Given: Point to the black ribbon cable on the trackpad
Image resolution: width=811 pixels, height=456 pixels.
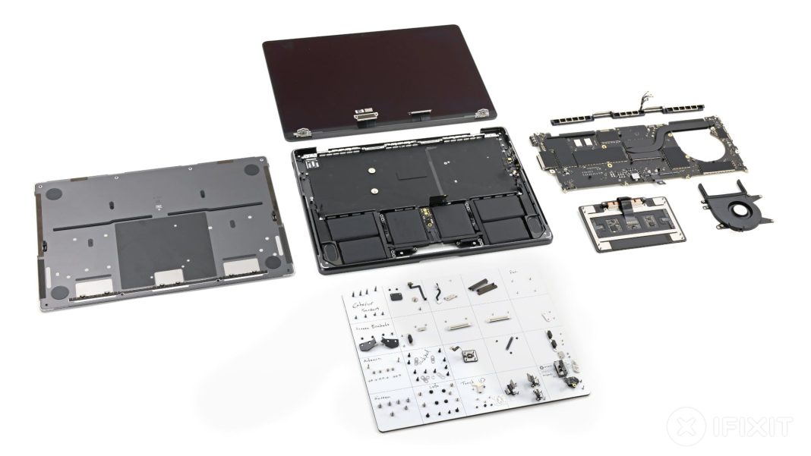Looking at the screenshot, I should coord(628,206).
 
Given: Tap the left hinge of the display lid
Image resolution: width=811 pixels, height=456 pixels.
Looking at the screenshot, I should coord(305,132).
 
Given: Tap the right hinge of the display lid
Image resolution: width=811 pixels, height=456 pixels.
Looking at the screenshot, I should coord(481,114).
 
